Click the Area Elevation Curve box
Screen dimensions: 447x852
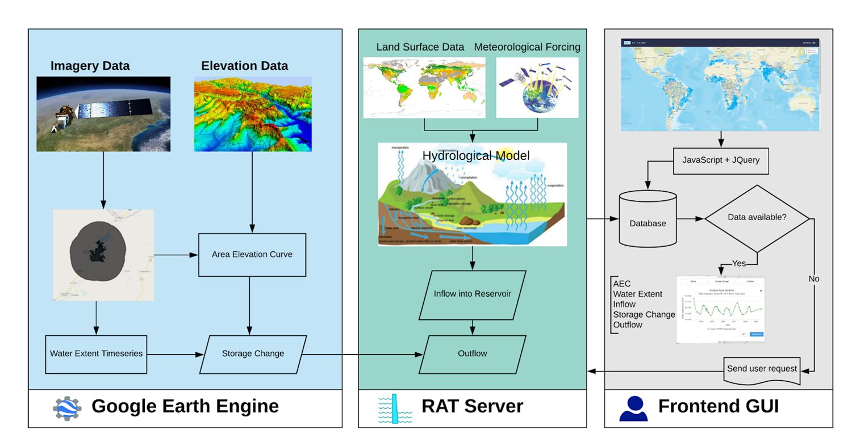(252, 255)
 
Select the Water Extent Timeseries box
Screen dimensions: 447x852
(96, 354)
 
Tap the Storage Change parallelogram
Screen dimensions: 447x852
(253, 354)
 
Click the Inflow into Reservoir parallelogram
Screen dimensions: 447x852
(472, 294)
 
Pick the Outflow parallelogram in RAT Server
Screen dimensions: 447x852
(472, 354)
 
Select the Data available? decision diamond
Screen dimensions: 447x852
(757, 218)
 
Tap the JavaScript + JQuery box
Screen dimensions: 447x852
(720, 161)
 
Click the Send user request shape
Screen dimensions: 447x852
(762, 369)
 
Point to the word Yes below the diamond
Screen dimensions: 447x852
(738, 264)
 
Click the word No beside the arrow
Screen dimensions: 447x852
(814, 279)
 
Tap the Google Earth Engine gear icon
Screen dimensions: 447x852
(67, 408)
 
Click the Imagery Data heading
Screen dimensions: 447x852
(90, 66)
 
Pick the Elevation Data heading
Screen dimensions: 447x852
(244, 66)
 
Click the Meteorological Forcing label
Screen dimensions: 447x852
(527, 47)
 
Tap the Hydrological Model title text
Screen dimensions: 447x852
(475, 155)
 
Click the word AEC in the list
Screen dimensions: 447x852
(622, 284)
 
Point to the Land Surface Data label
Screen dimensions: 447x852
(420, 47)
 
